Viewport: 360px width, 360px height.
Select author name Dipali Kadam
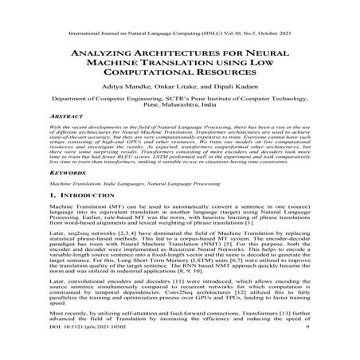(241, 84)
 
